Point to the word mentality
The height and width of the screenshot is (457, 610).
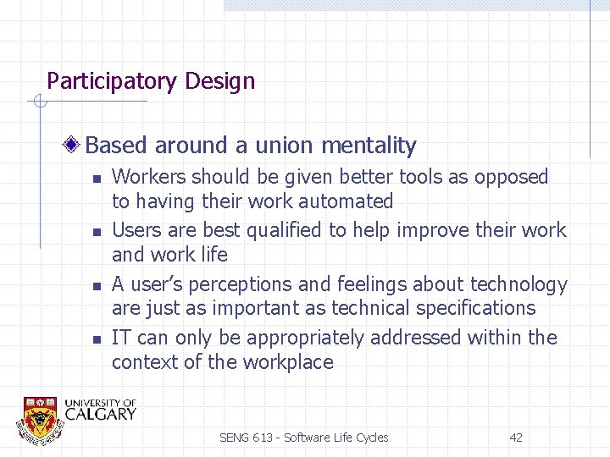[x=369, y=146]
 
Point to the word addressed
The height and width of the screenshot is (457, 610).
[x=423, y=338]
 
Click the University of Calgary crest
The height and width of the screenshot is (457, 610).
[x=40, y=417]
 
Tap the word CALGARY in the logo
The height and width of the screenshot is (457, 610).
[x=100, y=414]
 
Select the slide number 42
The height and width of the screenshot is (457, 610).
[x=515, y=438]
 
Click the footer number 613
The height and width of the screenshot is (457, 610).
[x=264, y=438]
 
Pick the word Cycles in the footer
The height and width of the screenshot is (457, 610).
[x=369, y=438]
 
